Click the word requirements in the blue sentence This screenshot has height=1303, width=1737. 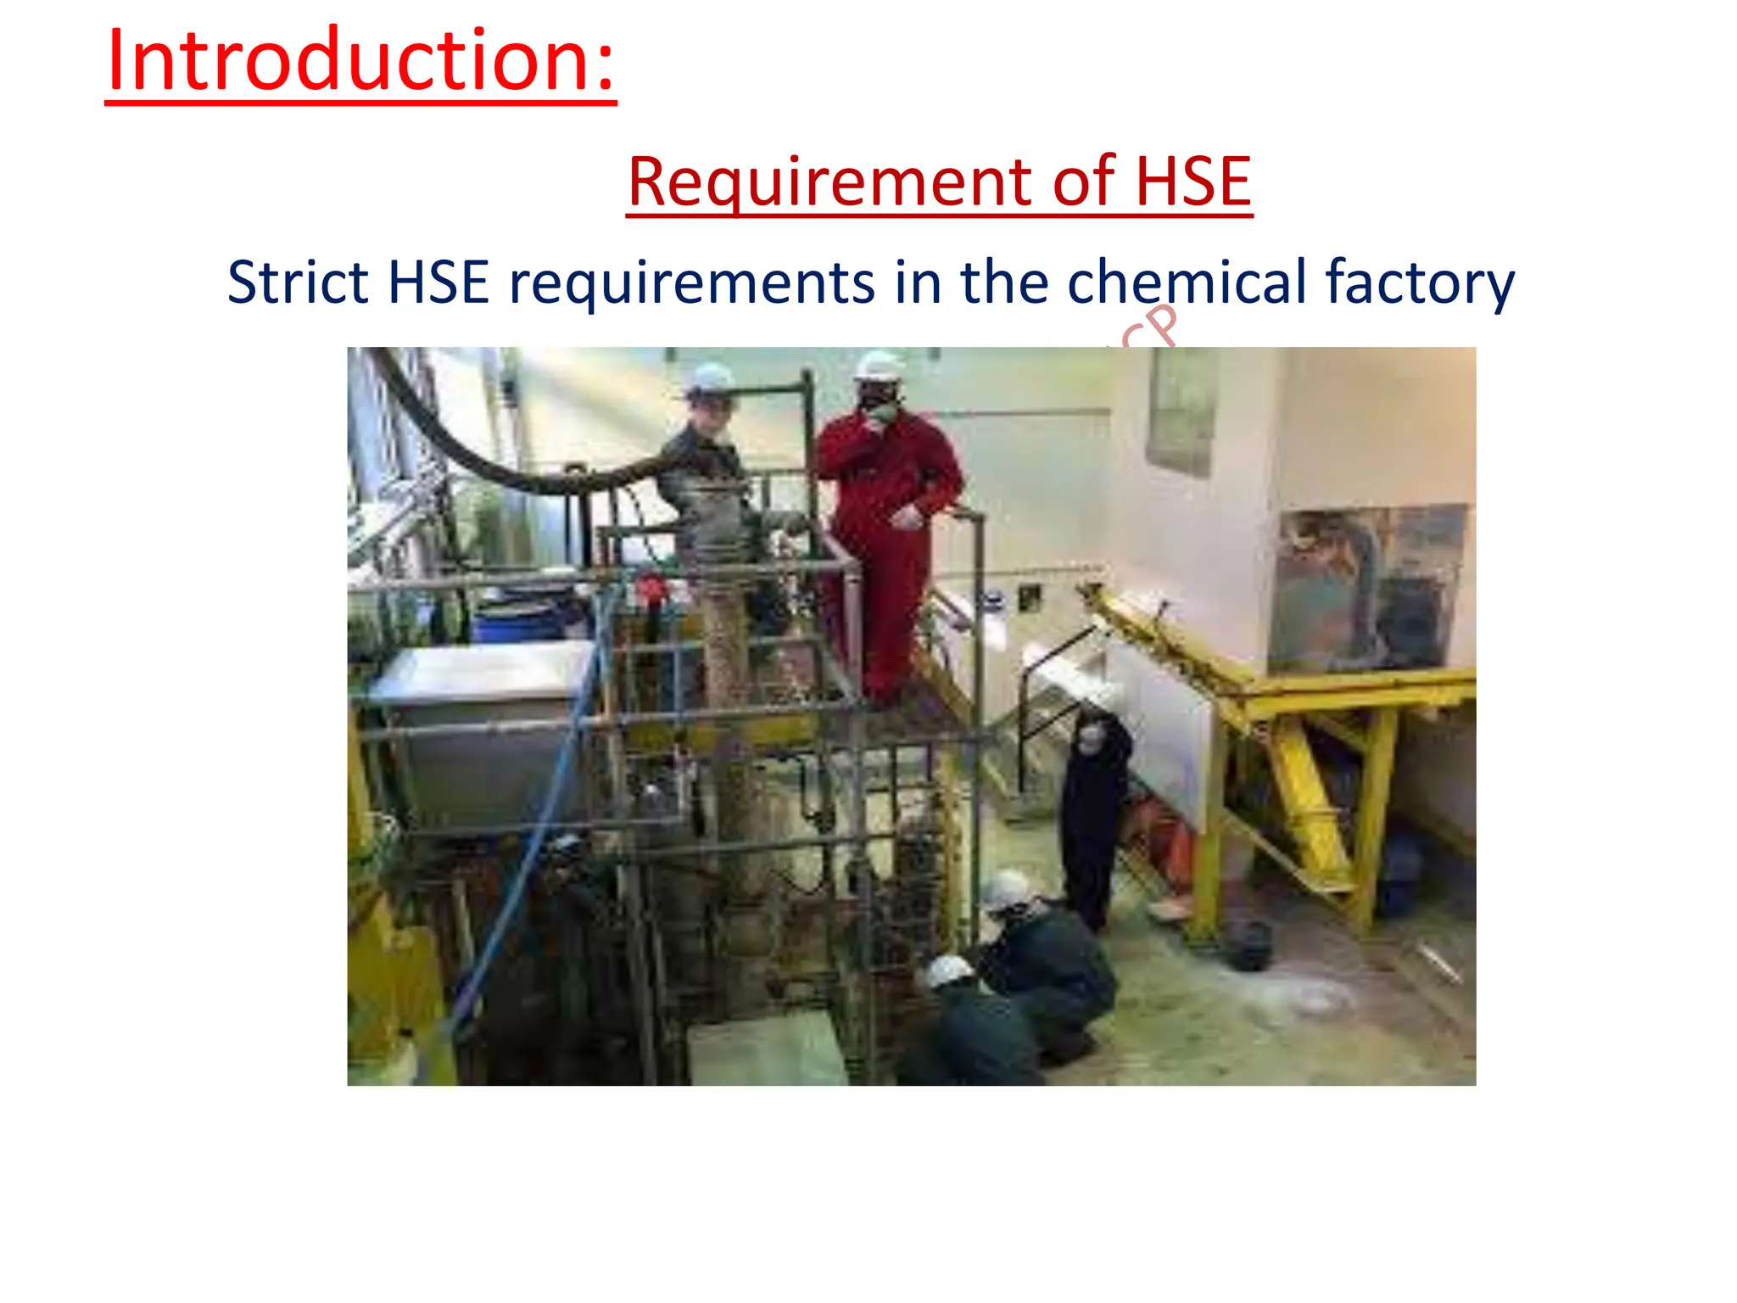pos(691,283)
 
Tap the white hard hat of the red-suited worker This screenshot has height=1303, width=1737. pos(879,366)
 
